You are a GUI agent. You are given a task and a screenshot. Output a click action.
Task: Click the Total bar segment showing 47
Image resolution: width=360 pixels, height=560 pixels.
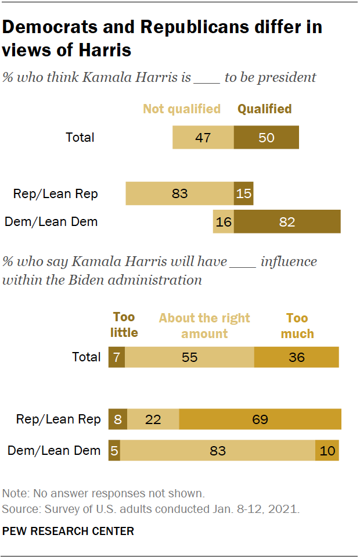point(203,137)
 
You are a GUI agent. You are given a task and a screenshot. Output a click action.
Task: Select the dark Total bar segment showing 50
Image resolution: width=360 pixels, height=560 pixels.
point(266,137)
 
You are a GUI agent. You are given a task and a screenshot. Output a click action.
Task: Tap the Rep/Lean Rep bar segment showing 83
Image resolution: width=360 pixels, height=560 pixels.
point(180,193)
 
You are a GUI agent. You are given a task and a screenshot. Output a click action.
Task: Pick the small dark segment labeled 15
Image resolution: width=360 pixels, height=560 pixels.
point(243,193)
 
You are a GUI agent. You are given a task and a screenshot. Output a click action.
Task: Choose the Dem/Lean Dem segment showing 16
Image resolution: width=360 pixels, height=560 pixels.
point(224,222)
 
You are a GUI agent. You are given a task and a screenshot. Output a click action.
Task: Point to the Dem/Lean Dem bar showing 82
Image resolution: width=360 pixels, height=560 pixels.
point(287,222)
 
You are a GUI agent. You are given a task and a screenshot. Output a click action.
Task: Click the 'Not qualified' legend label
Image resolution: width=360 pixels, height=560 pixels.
point(182,109)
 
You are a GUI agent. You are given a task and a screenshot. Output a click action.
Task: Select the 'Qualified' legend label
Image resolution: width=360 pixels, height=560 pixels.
point(264,109)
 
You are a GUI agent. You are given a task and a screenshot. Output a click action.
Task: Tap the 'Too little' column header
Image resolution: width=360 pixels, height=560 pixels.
point(124,325)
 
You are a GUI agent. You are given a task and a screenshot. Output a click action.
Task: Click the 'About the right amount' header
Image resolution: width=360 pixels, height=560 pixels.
point(204,325)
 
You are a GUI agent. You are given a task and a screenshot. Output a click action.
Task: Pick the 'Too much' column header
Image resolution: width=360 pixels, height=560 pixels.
point(297,325)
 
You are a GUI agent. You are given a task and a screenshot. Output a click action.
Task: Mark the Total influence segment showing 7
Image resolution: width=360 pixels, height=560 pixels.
point(117,357)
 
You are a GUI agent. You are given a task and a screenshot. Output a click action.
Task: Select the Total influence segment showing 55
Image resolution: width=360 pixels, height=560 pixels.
point(190,357)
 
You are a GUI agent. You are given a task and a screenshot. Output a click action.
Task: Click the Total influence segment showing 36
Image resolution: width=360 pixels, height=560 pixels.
point(296,357)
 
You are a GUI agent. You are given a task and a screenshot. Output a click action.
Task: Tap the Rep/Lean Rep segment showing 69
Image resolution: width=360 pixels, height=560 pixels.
point(260,419)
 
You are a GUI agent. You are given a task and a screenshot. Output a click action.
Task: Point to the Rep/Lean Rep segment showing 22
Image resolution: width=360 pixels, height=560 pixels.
point(153,419)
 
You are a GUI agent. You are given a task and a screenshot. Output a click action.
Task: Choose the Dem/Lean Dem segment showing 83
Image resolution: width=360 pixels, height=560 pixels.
point(218,450)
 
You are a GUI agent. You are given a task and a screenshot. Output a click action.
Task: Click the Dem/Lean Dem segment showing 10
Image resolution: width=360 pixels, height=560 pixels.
point(327,450)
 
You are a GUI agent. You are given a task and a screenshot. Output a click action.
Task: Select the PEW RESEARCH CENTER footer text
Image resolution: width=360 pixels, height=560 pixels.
point(69,531)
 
